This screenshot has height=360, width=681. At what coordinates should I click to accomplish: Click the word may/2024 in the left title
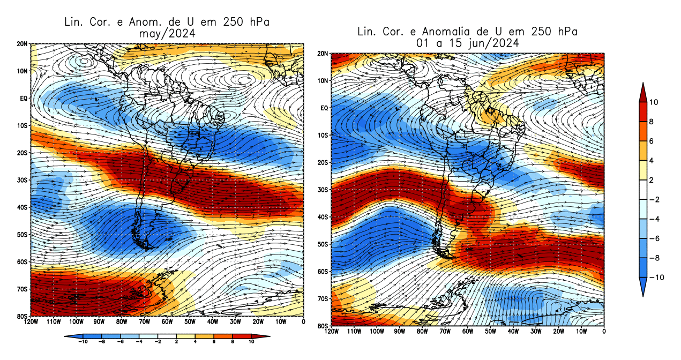[x=166, y=33]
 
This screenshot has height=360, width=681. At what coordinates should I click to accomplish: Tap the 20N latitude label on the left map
[x=23, y=44]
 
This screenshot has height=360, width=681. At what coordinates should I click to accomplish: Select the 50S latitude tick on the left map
[x=23, y=235]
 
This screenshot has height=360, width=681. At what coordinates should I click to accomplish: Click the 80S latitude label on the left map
[x=23, y=316]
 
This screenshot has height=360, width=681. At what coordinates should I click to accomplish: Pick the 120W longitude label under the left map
[x=31, y=322]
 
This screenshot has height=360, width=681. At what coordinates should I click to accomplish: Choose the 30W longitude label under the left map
[x=235, y=322]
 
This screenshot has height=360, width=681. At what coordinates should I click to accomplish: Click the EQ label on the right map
[x=324, y=108]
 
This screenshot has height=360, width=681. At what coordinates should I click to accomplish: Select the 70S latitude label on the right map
[x=323, y=298]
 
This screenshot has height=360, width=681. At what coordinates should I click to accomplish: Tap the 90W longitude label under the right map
[x=400, y=332]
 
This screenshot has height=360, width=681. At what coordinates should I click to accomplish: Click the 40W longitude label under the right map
[x=513, y=332]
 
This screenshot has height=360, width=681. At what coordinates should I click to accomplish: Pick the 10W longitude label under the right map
[x=581, y=332]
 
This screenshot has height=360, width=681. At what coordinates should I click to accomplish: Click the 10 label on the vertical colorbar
[x=655, y=102]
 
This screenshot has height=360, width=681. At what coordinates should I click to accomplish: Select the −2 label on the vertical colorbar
[x=655, y=200]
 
